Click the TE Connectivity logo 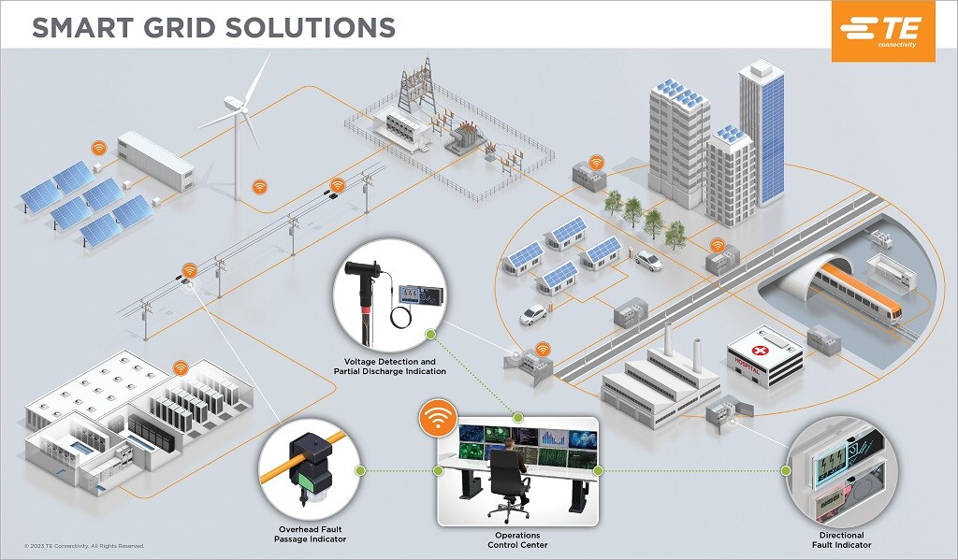pos(882,31)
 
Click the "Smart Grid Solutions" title pos(213,26)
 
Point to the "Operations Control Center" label pos(517,539)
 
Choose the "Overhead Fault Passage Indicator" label pos(310,534)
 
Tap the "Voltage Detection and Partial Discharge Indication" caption pos(389,366)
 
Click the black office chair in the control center pos(509,481)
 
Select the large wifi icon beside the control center pos(437,418)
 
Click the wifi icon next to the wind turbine pos(259,187)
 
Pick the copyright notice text pos(84,546)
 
